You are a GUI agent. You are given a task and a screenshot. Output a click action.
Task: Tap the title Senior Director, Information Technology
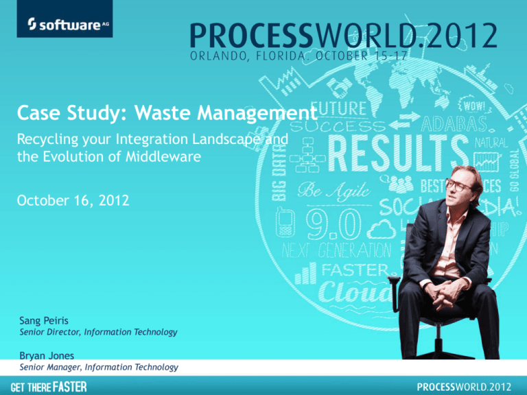coord(97,332)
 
